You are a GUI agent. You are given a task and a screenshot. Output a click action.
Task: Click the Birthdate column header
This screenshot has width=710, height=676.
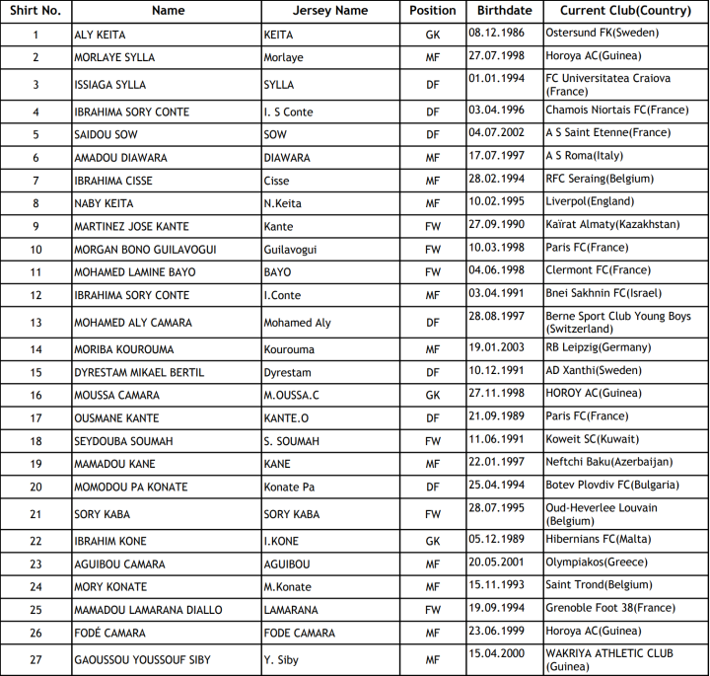504,11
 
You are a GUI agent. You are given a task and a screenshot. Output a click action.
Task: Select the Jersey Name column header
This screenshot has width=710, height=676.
330,11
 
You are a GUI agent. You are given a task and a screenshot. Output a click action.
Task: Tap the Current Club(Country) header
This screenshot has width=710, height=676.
624,11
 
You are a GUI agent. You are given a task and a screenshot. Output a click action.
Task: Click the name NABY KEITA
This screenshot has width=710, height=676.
104,203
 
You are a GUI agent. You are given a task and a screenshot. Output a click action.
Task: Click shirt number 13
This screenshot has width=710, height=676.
35,323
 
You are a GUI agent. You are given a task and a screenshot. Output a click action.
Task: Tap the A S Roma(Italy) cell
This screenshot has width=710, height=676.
584,156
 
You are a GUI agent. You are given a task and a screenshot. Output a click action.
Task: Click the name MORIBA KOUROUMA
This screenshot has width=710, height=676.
124,349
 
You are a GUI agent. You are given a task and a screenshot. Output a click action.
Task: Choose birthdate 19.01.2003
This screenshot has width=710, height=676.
500,347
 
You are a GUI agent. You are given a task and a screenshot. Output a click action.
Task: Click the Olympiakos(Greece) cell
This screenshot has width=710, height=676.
596,563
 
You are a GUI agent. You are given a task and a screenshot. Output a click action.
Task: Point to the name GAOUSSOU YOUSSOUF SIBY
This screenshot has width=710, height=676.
142,660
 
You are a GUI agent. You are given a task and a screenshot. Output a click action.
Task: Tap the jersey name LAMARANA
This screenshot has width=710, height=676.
291,610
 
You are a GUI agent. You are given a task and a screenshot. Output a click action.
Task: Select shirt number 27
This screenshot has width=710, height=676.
35,660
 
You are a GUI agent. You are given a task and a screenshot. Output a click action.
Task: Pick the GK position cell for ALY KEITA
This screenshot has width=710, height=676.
433,35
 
